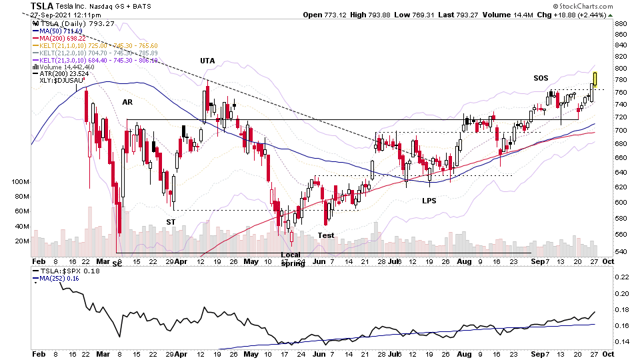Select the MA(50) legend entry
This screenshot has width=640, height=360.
(x=59, y=31)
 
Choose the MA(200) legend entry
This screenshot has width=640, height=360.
(x=61, y=39)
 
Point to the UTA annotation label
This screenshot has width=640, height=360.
(x=207, y=61)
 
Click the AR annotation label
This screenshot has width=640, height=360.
(x=127, y=102)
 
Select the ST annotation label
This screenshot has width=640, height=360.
(x=171, y=222)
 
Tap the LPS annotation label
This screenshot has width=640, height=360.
(x=429, y=200)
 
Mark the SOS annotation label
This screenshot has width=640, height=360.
(x=541, y=78)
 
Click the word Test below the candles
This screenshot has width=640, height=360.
(x=325, y=235)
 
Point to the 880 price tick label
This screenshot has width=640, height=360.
(x=621, y=24)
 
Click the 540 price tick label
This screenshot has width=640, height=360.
(x=621, y=251)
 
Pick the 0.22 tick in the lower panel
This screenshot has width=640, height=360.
(x=621, y=277)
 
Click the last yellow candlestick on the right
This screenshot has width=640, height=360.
(x=595, y=79)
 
